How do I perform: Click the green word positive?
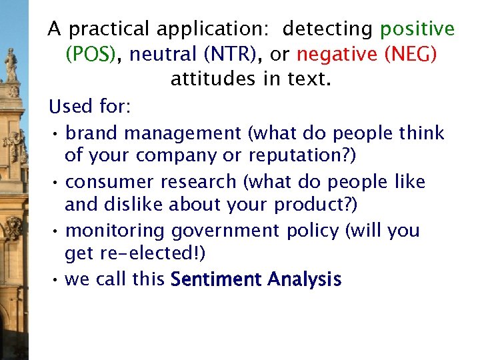click(417, 29)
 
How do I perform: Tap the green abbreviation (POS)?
click(91, 54)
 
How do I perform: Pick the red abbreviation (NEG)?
click(411, 54)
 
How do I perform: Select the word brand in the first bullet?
click(93, 133)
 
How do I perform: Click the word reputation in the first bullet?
click(301, 156)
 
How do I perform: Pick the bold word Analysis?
click(305, 279)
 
